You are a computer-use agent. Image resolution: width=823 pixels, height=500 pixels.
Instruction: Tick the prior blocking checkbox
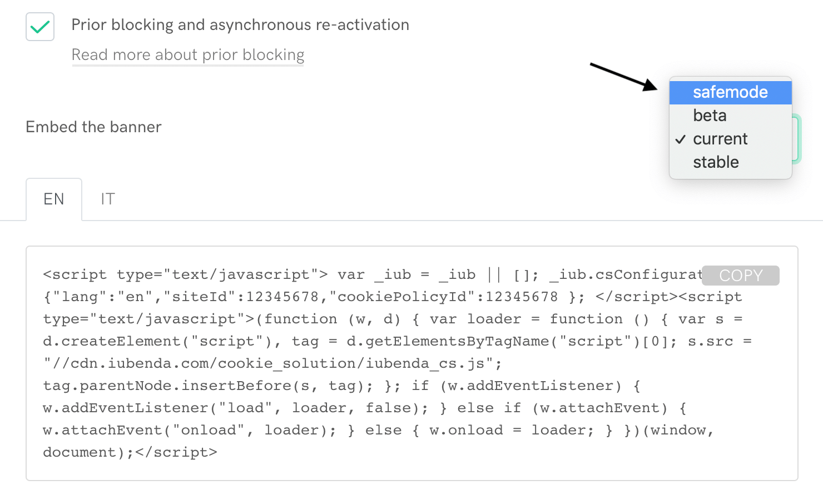pyautogui.click(x=40, y=27)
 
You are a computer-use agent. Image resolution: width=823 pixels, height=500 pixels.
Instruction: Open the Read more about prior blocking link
pyautogui.click(x=188, y=55)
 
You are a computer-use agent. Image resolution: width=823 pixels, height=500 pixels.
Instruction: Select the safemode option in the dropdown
pyautogui.click(x=730, y=92)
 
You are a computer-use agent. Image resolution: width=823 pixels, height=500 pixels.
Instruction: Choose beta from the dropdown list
pyautogui.click(x=710, y=116)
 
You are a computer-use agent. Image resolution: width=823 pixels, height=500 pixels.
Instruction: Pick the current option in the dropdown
pyautogui.click(x=720, y=139)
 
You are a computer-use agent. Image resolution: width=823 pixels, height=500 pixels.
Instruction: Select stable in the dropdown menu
pyautogui.click(x=716, y=162)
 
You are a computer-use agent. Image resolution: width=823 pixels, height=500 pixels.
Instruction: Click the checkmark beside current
pyautogui.click(x=680, y=139)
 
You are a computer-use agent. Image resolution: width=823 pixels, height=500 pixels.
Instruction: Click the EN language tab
pyautogui.click(x=54, y=199)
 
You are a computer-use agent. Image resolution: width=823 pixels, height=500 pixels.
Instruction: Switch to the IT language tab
pyautogui.click(x=108, y=199)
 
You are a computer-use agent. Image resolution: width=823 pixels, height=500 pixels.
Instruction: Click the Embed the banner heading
pyautogui.click(x=93, y=127)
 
